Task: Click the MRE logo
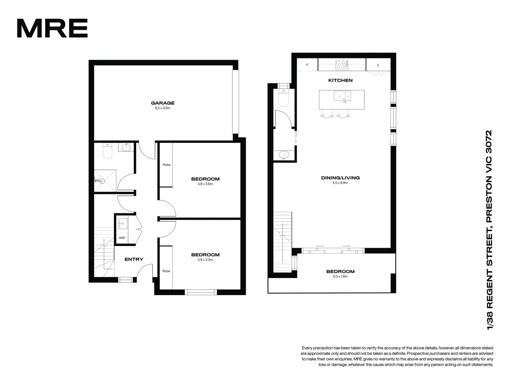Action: point(52,28)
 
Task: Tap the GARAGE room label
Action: point(162,103)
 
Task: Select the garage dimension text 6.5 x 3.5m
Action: point(162,108)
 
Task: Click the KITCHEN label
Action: point(340,80)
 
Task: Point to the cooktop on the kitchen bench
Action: point(342,65)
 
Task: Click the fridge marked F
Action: point(307,65)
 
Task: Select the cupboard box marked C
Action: point(378,65)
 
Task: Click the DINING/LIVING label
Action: point(340,178)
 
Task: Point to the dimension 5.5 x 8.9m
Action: point(340,183)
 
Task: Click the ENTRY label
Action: point(134,259)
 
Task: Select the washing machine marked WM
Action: point(122,238)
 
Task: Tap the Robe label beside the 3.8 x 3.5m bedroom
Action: point(166,165)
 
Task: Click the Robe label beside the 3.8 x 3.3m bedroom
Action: point(166,271)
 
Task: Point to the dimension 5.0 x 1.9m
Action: point(340,276)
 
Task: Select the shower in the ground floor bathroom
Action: point(105,180)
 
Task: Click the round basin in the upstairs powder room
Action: point(284,155)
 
